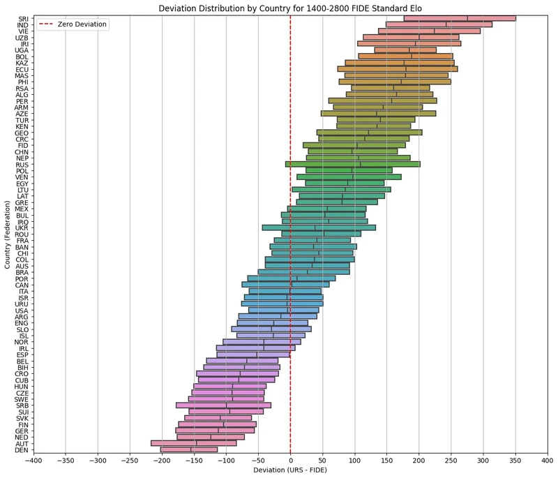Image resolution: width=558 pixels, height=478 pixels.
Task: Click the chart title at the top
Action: pos(289,8)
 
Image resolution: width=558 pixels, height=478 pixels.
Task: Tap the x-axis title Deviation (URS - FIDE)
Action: pos(290,470)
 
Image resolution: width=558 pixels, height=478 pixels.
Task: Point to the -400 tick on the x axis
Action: pos(33,460)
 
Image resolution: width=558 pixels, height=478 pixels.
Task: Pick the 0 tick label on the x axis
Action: pos(290,460)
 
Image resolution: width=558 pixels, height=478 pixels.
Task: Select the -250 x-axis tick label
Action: pos(129,460)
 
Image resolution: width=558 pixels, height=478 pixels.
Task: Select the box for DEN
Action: pos(189,449)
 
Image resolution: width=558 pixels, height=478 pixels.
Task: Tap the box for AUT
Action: pos(193,443)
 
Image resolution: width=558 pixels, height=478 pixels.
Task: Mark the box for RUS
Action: pos(352,164)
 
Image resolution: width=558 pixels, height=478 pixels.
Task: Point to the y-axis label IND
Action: pos(22,25)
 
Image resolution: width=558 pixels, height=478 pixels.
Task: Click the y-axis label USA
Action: pos(22,310)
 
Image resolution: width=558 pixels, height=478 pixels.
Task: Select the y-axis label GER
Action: pos(22,431)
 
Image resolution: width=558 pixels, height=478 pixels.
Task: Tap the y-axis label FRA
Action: pos(22,240)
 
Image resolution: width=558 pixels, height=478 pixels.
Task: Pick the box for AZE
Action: pos(378,113)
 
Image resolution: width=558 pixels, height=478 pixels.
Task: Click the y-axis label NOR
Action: pos(22,342)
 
